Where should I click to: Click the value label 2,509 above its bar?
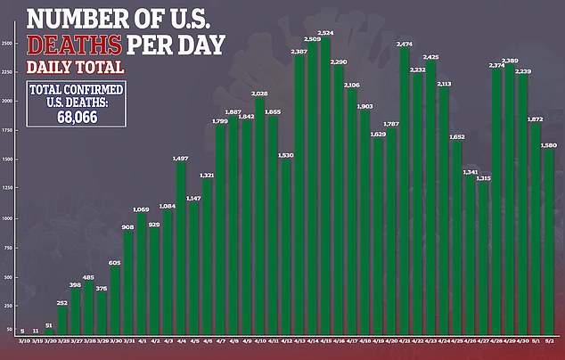click(x=312, y=39)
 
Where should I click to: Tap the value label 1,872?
click(x=536, y=119)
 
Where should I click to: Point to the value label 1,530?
click(x=286, y=155)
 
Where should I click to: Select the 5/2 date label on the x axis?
click(x=549, y=340)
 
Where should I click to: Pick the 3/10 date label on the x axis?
click(x=22, y=340)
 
